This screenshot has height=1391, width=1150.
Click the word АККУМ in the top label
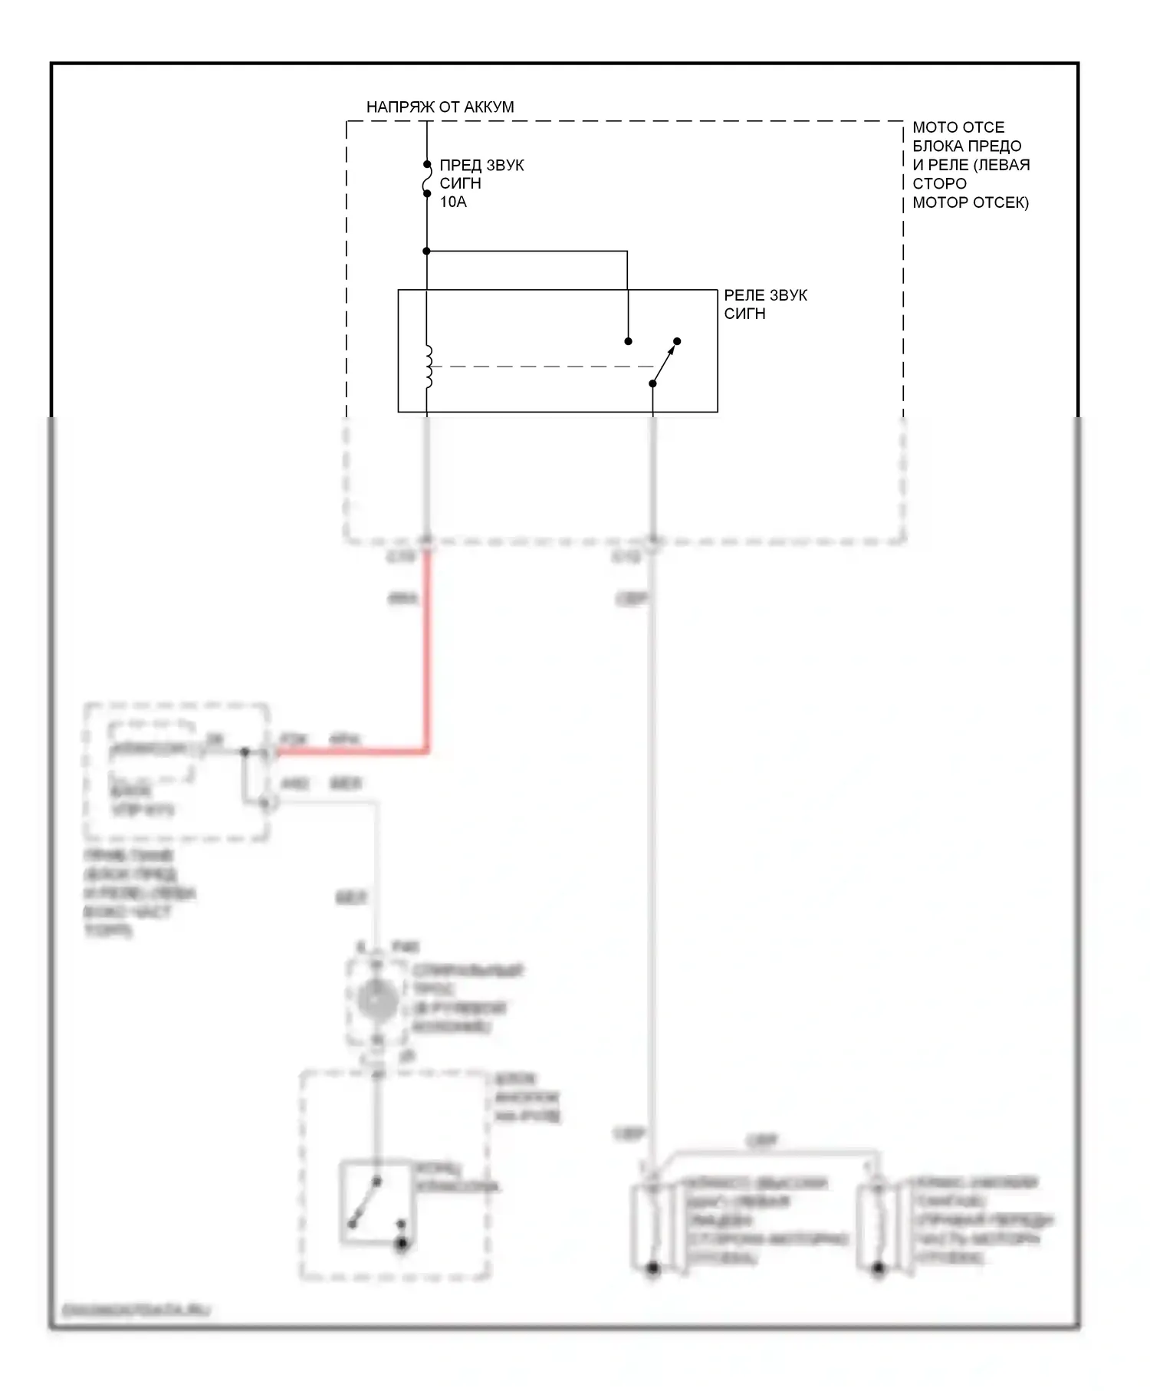pyautogui.click(x=488, y=107)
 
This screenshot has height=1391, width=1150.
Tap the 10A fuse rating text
pyautogui.click(x=452, y=202)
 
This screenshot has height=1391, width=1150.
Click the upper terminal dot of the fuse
pyautogui.click(x=427, y=164)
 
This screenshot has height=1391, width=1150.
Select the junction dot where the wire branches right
pyautogui.click(x=427, y=252)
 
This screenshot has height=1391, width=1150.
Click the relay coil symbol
pyautogui.click(x=428, y=367)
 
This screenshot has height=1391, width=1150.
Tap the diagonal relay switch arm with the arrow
pyautogui.click(x=664, y=363)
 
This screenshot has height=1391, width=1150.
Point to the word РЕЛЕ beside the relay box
pyautogui.click(x=743, y=295)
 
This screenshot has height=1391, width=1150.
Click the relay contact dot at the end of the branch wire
pyautogui.click(x=628, y=341)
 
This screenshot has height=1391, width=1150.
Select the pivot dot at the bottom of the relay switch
pyautogui.click(x=652, y=383)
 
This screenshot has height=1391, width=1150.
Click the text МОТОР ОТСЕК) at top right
pyautogui.click(x=970, y=203)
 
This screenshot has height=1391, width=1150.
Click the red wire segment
pyautogui.click(x=426, y=652)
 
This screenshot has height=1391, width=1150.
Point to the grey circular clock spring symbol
pyautogui.click(x=376, y=999)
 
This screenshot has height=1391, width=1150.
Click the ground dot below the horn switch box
pyautogui.click(x=401, y=1244)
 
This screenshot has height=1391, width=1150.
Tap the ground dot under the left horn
pyautogui.click(x=652, y=1269)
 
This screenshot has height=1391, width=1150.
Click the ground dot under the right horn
pyautogui.click(x=879, y=1269)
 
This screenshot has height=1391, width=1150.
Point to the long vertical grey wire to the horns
pyautogui.click(x=652, y=843)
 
